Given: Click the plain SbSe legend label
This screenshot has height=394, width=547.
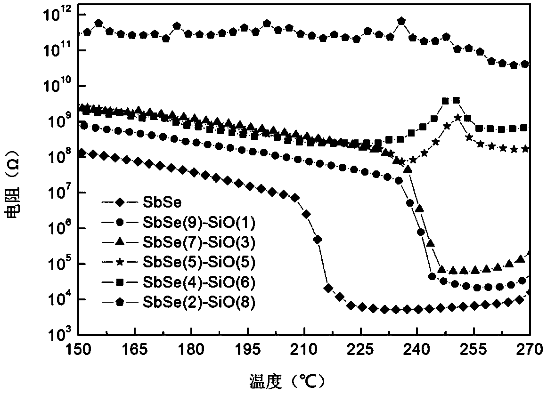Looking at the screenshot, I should (157, 202).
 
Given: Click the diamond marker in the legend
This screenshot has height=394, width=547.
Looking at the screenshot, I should (119, 202).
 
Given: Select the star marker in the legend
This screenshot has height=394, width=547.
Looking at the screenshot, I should (119, 263).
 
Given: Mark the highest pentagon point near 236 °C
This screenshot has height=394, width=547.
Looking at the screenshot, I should (401, 21).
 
